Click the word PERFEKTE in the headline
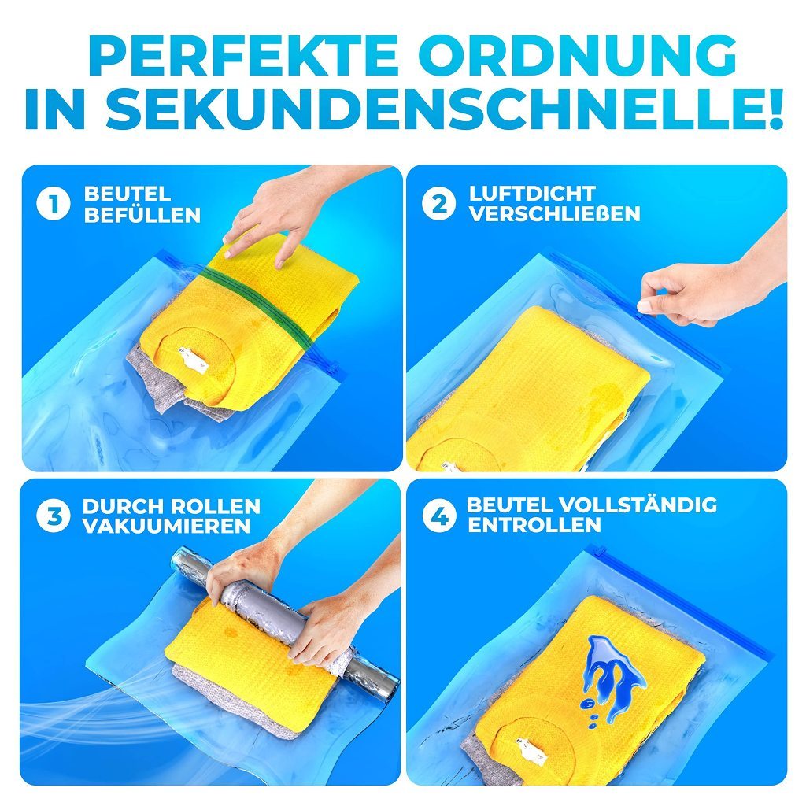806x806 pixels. point(243,55)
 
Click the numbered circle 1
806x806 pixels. point(54,204)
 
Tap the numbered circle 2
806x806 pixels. point(438,204)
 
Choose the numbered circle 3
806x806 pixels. point(54,516)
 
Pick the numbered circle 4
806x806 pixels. point(439,516)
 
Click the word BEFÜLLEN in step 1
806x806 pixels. point(142,214)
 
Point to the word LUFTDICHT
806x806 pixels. point(533,194)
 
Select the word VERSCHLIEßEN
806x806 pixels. point(555,213)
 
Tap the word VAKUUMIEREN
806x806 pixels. point(166,526)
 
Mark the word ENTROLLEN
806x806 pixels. point(534,525)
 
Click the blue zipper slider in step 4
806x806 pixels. point(597,552)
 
